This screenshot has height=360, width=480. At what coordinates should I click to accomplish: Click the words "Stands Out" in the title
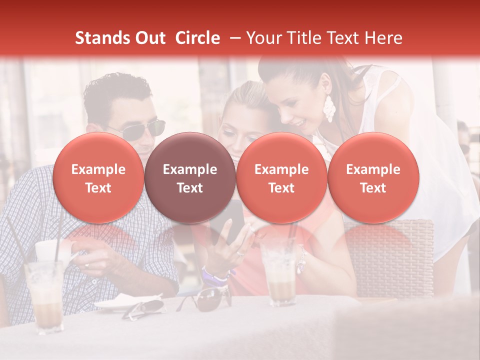pyautogui.click(x=120, y=38)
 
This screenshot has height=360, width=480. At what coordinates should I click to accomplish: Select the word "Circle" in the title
pyautogui.click(x=197, y=38)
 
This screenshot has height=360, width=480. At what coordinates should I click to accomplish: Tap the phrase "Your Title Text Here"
pyautogui.click(x=324, y=38)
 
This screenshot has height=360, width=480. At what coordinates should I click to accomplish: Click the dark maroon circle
pyautogui.click(x=190, y=178)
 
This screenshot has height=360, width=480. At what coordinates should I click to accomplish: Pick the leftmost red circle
pyautogui.click(x=98, y=178)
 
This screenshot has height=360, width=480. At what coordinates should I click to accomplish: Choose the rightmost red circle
pyautogui.click(x=373, y=178)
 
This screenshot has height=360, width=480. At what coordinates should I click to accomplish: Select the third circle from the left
pyautogui.click(x=281, y=178)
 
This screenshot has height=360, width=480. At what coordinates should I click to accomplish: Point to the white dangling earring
pyautogui.click(x=329, y=108)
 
